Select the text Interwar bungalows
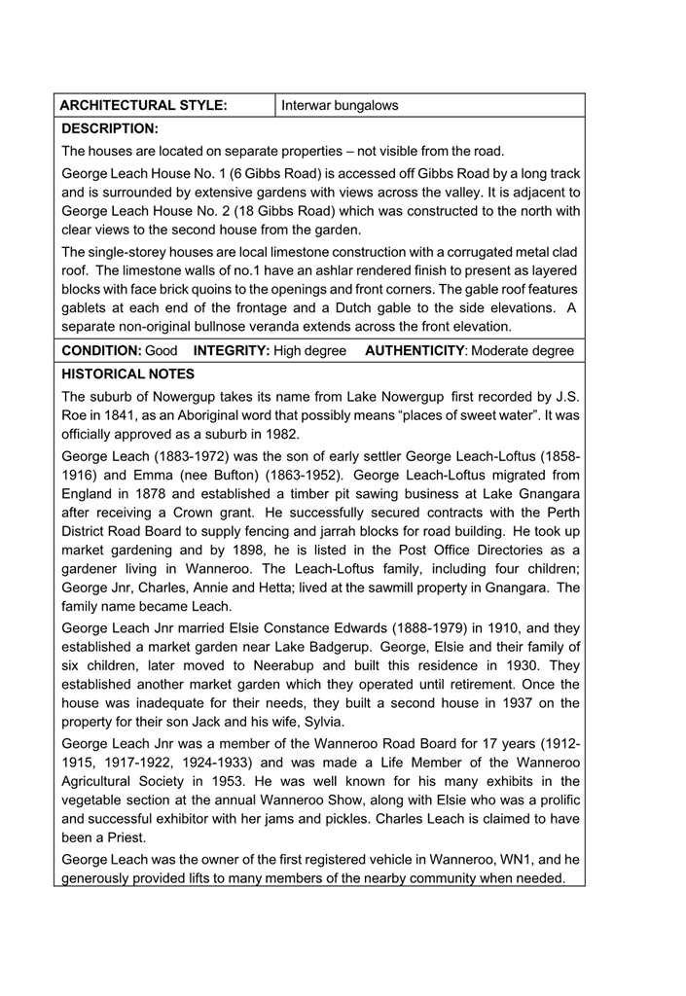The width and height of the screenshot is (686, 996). point(340,105)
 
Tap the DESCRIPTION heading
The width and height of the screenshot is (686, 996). point(109,128)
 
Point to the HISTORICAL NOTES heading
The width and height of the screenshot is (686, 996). point(127,373)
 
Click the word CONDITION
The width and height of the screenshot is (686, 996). point(101,350)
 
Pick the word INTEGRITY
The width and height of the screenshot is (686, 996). point(232,350)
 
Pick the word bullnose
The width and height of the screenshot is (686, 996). point(280,327)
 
